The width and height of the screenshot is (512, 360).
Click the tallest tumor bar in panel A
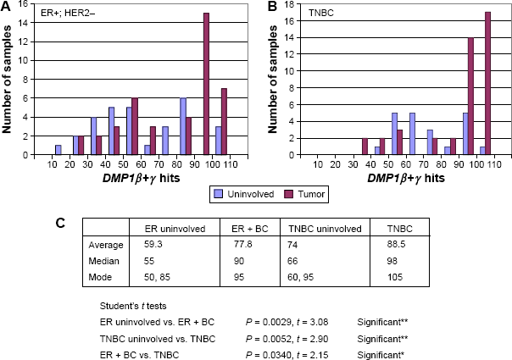coord(206,84)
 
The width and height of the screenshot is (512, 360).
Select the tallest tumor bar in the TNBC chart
coord(487,84)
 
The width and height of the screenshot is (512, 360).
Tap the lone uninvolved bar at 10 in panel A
coord(58,150)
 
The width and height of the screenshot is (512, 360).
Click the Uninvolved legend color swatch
coord(218,194)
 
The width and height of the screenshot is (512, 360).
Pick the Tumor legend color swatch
coord(288,194)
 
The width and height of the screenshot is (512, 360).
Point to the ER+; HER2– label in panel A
coord(68,14)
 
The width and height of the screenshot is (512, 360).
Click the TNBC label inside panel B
coord(321,14)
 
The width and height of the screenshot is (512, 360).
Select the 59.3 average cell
coord(153,244)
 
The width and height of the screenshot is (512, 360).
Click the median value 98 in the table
coord(392,261)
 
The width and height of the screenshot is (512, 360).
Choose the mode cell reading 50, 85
coord(157,277)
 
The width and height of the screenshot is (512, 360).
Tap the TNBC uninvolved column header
coord(325,229)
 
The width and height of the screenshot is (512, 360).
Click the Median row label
coord(103,261)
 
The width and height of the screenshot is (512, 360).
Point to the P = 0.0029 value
coord(268,322)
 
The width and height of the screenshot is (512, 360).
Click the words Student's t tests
coord(133,306)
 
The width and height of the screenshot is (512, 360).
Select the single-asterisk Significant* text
coord(381,355)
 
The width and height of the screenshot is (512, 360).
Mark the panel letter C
coord(60,224)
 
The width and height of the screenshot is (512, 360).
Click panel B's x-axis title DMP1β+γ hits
coord(406,178)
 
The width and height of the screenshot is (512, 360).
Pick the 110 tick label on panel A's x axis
coord(231,163)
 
